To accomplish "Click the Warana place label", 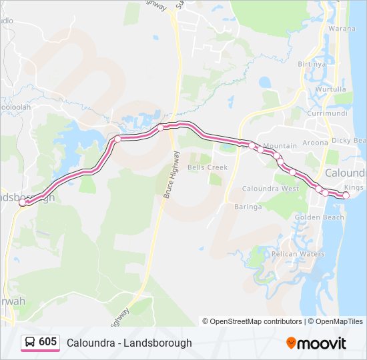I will point(342,29).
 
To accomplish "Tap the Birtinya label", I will point(312,64).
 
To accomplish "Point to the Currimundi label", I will point(323,113).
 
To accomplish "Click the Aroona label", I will point(315,143).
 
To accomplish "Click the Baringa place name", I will point(248,207).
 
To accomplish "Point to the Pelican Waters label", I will point(298,254).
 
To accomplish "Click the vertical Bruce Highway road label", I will point(172,175).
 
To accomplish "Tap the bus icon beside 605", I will point(30,343).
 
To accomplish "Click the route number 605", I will point(48,342).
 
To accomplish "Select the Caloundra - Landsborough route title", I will point(129,343).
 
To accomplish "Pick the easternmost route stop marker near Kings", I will point(346,195).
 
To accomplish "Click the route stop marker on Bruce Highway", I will point(161,127).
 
